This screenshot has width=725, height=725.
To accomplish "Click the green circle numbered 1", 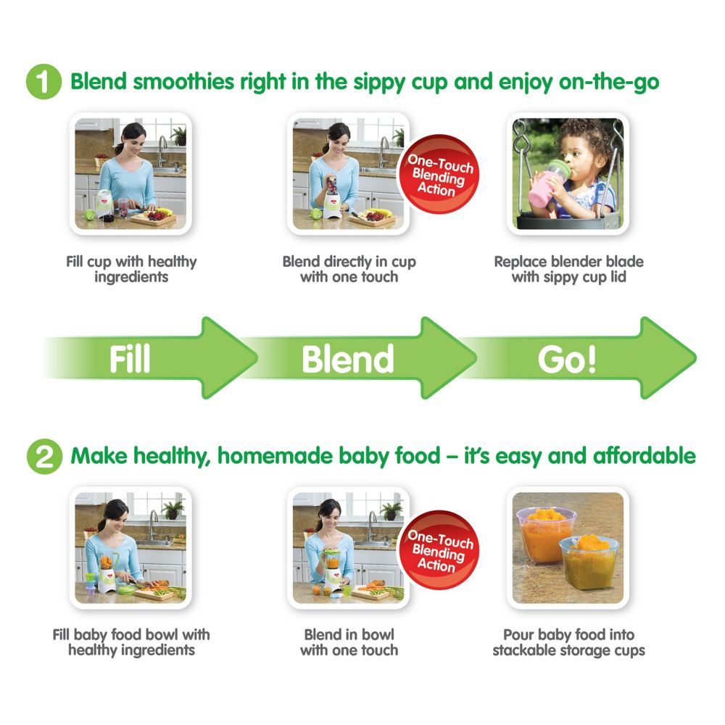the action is [43, 81].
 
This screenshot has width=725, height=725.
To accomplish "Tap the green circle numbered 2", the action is [44, 456].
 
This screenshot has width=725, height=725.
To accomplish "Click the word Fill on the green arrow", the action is [130, 359].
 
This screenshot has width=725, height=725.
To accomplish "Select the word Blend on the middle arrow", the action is [348, 359].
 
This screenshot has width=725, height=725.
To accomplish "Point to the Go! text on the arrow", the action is [568, 360].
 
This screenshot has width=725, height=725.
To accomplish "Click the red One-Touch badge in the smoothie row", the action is [439, 174].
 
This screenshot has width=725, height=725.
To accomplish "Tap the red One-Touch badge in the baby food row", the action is [439, 550].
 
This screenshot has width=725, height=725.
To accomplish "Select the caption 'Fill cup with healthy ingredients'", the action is [131, 269].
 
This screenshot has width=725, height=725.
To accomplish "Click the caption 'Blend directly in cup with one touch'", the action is [349, 269].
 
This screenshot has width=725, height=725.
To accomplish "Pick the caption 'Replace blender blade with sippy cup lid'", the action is [568, 269].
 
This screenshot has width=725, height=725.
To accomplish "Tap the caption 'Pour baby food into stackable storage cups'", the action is [568, 642].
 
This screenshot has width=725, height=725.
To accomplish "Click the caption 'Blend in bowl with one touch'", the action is [349, 642].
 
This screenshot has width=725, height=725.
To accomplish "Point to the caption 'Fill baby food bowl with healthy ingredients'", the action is [131, 642].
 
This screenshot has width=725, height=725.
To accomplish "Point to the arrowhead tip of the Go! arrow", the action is [696, 358].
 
